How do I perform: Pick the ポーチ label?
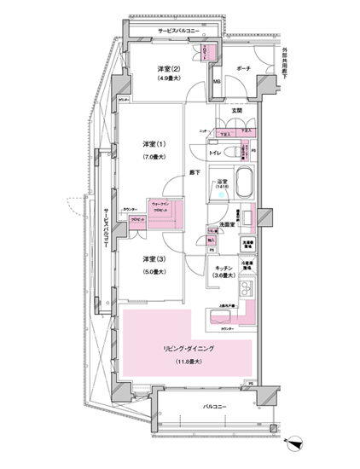tap(242, 69)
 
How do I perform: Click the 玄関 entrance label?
tap(237, 112)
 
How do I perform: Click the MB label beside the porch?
tap(217, 82)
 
